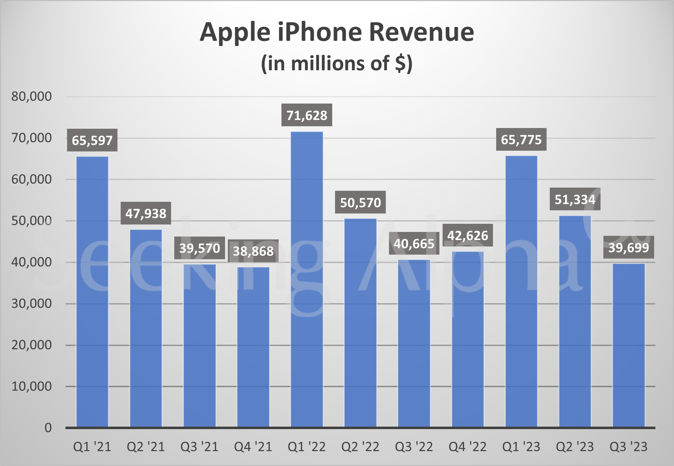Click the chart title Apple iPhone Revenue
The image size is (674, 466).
pyautogui.click(x=336, y=32)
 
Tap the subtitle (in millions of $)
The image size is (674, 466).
pyautogui.click(x=336, y=64)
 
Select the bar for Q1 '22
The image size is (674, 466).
pyautogui.click(x=307, y=280)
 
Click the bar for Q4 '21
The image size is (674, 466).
pyautogui.click(x=253, y=348)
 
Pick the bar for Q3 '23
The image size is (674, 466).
pyautogui.click(x=629, y=346)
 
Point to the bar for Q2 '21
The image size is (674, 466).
pyautogui.click(x=146, y=328)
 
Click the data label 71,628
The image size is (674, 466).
pyautogui.click(x=307, y=115)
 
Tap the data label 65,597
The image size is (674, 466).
pyautogui.click(x=92, y=140)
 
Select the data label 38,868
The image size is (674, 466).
pyautogui.click(x=253, y=251)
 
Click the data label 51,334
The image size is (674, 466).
pyautogui.click(x=575, y=200)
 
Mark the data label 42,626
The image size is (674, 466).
pyautogui.click(x=467, y=235)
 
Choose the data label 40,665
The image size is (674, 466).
pyautogui.click(x=414, y=244)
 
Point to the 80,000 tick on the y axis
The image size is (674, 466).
pyautogui.click(x=31, y=96)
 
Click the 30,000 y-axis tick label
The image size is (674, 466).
pyautogui.click(x=31, y=304)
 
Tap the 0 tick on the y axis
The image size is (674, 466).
pyautogui.click(x=48, y=428)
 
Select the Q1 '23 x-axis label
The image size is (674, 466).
pyautogui.click(x=521, y=447)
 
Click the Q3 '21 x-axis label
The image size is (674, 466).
pyautogui.click(x=199, y=447)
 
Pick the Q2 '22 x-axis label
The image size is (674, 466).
pyautogui.click(x=360, y=447)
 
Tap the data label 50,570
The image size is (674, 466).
pyautogui.click(x=360, y=203)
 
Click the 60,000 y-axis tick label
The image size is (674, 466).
pyautogui.click(x=31, y=179)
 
